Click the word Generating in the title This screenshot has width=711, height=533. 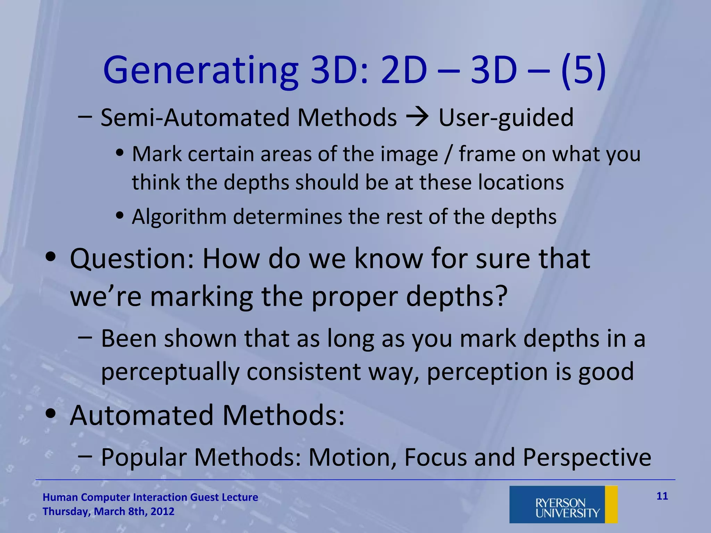[x=200, y=71]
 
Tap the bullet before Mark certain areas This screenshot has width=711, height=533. [x=120, y=153]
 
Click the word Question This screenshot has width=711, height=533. [x=132, y=259]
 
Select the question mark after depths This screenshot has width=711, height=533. [x=501, y=296]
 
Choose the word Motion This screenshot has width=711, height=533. [x=352, y=457]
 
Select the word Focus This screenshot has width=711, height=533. [x=435, y=457]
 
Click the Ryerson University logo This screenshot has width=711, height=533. [x=563, y=504]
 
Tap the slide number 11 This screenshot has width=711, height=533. [x=662, y=496]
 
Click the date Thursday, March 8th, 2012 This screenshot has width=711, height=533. [x=108, y=511]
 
